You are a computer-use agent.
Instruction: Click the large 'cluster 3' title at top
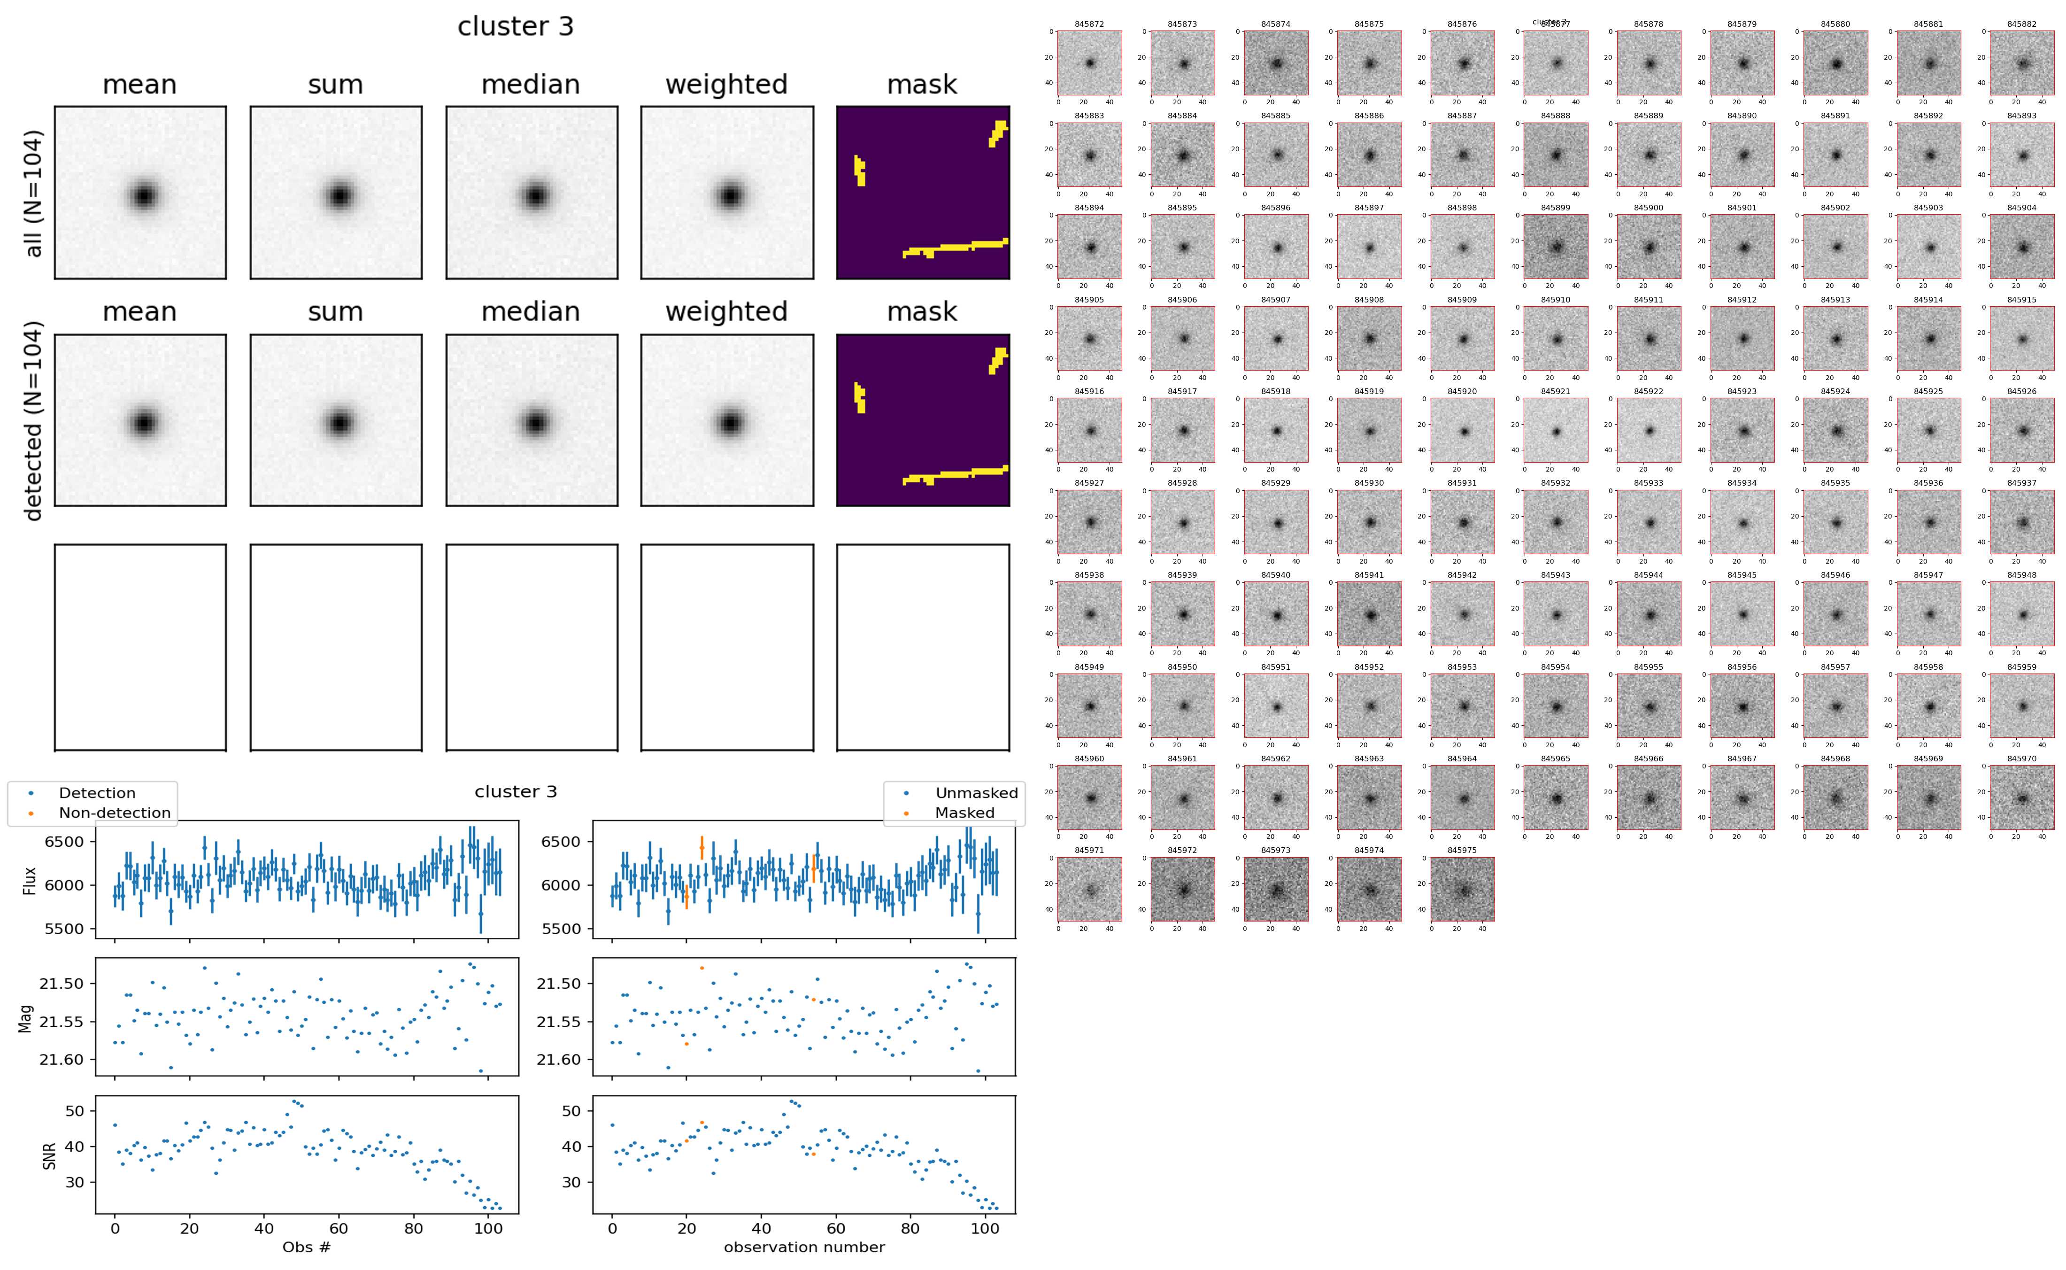point(516,27)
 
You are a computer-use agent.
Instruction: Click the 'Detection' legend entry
point(97,793)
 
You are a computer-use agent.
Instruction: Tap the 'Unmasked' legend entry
point(976,793)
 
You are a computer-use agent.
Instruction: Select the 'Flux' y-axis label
point(30,880)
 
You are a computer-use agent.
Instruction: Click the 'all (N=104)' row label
point(34,193)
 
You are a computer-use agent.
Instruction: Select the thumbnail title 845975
point(1462,850)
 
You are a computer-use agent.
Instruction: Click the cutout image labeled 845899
point(1556,247)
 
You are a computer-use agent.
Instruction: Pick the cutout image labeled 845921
point(1556,430)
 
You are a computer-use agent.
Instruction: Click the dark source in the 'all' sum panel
point(339,196)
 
